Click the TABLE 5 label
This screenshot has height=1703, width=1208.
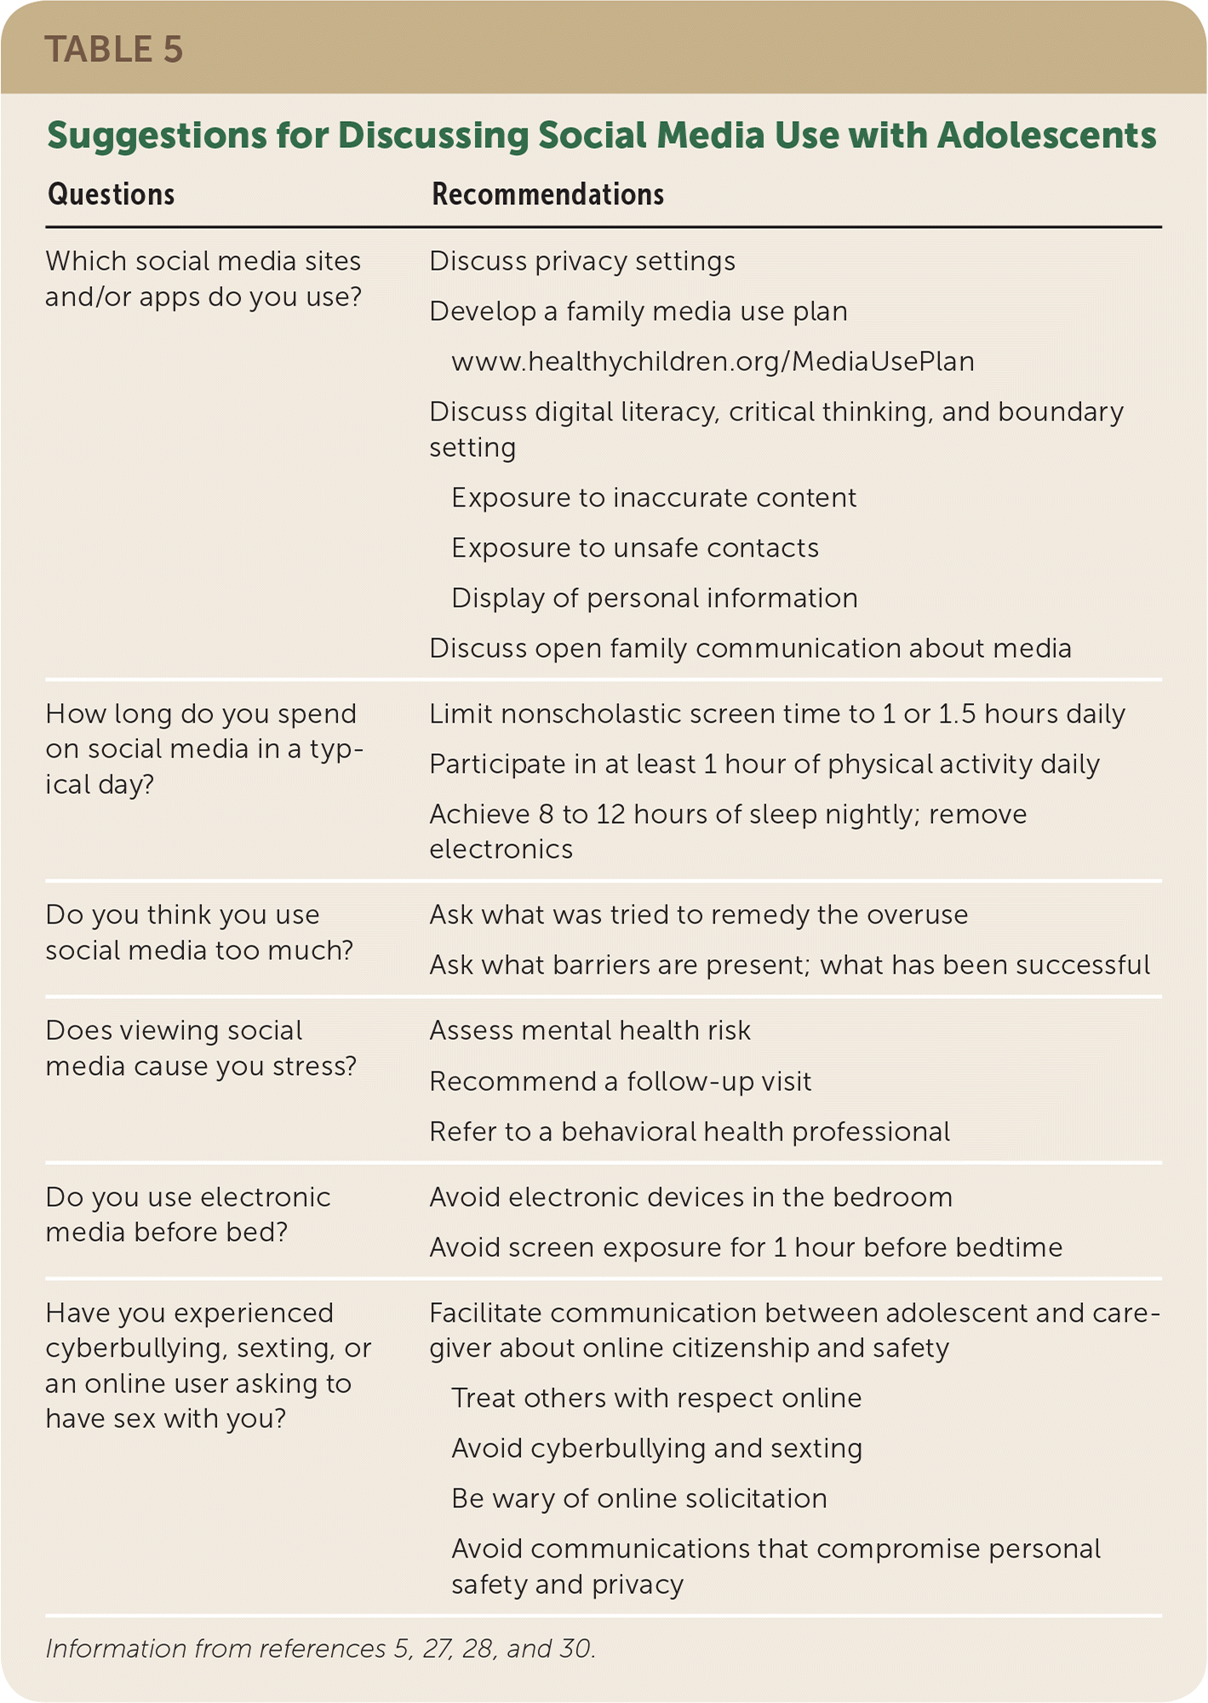point(114,49)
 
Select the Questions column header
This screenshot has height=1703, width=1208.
point(111,195)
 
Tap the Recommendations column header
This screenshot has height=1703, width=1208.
point(547,195)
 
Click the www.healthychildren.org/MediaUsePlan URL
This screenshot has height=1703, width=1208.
point(713,362)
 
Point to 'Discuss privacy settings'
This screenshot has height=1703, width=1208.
point(582,261)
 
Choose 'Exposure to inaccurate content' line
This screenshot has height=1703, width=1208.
point(654,498)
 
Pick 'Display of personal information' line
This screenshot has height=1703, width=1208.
point(654,598)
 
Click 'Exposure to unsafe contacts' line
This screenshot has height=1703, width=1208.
point(635,548)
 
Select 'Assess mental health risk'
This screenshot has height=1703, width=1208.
point(590,1031)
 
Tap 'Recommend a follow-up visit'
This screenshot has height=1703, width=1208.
point(621,1082)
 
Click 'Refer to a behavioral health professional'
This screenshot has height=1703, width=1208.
point(690,1132)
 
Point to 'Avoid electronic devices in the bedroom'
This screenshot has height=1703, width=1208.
point(690,1197)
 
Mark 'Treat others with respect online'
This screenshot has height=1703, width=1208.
point(656,1398)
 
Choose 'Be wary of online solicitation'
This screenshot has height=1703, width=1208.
point(639,1499)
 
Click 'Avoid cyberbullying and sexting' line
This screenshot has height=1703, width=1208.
point(656,1449)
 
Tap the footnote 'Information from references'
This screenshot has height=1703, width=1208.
point(320,1649)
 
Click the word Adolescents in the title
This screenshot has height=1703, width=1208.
point(1046,136)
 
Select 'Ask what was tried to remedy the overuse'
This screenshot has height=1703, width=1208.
point(698,915)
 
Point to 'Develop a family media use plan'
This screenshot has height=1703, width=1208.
point(638,311)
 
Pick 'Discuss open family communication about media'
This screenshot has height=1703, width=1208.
point(750,649)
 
